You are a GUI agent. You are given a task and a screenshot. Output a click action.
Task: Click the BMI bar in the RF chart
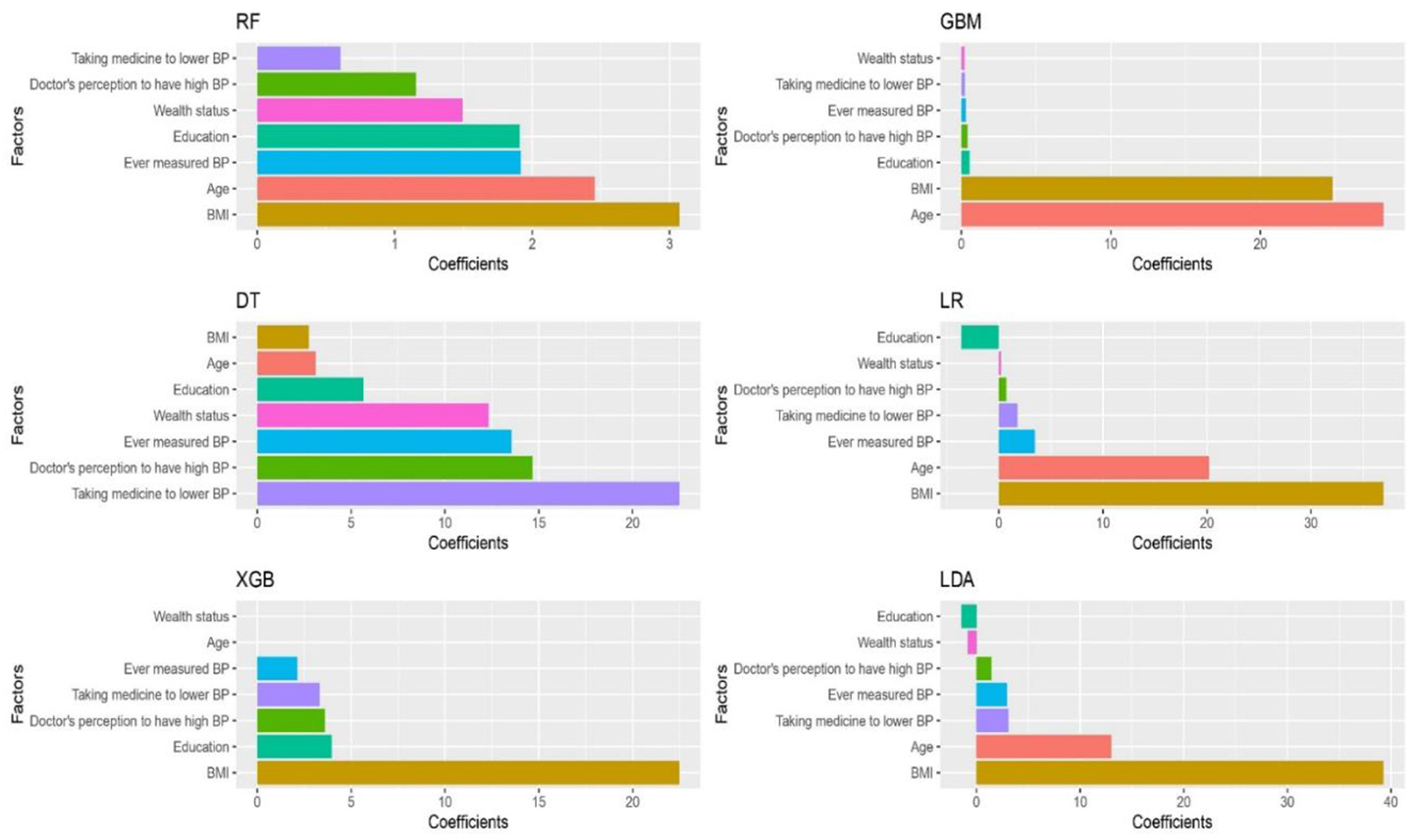468,214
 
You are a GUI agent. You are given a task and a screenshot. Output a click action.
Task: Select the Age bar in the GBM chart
1171,214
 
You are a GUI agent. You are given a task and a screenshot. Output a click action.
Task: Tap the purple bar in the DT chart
468,493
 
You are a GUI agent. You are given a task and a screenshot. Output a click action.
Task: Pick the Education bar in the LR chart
979,337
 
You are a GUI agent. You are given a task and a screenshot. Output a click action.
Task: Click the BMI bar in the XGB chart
468,772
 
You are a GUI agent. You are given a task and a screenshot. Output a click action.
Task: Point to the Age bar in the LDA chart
1043,747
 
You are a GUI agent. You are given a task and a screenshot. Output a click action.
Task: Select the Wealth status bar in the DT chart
372,415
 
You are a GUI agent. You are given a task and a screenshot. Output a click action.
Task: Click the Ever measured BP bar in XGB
277,668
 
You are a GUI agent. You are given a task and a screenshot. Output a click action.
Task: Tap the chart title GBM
960,22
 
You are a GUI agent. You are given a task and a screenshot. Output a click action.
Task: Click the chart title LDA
957,579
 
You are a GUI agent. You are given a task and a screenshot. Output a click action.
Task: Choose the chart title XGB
255,579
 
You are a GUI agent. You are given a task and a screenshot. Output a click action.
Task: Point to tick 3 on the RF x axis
670,244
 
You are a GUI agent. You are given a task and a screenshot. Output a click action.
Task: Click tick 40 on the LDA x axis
1390,802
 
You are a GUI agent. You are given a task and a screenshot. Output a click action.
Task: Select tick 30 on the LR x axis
1311,523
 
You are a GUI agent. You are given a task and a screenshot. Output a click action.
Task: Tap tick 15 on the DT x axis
539,523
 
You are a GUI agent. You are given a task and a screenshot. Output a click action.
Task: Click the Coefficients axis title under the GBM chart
1171,264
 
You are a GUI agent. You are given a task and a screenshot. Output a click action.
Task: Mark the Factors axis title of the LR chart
721,414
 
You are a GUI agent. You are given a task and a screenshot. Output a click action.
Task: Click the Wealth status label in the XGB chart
191,616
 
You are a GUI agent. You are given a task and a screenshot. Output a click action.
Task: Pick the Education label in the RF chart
201,136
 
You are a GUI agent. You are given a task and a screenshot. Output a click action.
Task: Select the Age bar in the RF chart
426,189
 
